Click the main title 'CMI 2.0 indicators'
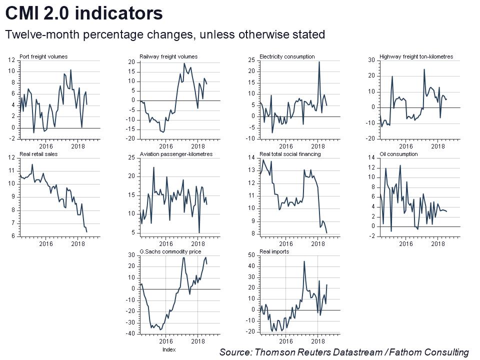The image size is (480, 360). (x=84, y=13)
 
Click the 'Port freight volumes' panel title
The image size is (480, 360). (x=43, y=57)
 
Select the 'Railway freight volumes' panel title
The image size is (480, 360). (x=168, y=57)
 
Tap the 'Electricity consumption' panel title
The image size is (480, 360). (x=287, y=57)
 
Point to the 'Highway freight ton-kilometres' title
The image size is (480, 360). (x=416, y=57)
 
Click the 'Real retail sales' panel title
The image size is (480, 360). (x=38, y=154)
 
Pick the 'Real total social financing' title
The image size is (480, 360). (x=290, y=154)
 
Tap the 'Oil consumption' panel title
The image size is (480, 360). (x=398, y=154)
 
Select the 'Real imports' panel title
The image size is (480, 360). (x=274, y=251)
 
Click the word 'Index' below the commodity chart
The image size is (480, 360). (x=169, y=350)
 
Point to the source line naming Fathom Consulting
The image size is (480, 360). (x=344, y=352)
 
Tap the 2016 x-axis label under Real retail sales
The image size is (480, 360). (x=46, y=244)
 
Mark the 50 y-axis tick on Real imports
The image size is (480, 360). (x=252, y=255)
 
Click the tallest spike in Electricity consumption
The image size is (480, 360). (x=319, y=62)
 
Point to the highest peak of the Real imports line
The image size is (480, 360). (x=304, y=261)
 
